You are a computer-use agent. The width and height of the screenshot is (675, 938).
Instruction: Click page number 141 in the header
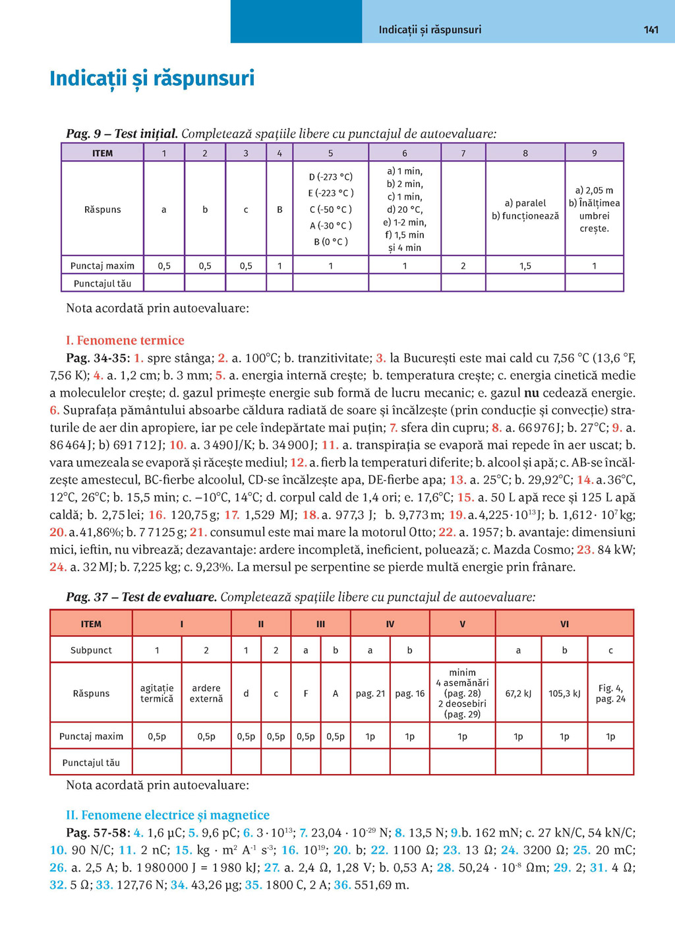pos(651,30)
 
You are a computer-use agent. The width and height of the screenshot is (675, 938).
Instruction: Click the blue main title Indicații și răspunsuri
pos(152,78)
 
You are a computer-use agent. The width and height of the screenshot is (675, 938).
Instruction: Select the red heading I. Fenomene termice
pos(125,341)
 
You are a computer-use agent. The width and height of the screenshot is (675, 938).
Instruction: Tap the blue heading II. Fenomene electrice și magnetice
pos(167,815)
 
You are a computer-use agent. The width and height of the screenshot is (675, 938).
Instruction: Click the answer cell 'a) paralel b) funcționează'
pos(525,209)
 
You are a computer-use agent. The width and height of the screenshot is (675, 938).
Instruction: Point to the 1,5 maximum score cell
pos(525,266)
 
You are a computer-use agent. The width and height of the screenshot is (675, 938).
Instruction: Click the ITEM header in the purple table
pos(102,153)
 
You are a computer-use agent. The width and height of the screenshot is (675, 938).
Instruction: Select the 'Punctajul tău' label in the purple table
pos(102,283)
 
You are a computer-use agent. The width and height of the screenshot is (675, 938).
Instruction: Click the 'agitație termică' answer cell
pos(157,693)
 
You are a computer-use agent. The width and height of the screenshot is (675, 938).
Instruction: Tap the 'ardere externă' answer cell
pos(206,693)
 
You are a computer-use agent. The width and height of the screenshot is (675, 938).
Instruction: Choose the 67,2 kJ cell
pos(518,693)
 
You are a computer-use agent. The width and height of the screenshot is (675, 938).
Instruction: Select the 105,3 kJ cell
pos(564,693)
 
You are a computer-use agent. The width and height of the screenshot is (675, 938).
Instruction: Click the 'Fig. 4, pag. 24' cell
pos(610,693)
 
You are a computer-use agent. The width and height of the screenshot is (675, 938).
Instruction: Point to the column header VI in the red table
pos(564,624)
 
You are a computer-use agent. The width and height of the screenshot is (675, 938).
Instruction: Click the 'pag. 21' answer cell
pos(370,693)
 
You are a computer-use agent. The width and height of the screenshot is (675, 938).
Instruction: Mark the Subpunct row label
pos(91,650)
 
